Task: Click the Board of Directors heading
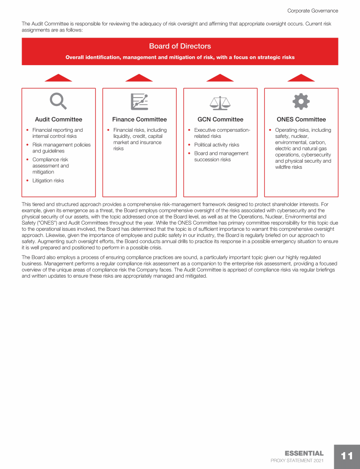tap(180, 46)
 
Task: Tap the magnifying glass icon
tap(59, 101)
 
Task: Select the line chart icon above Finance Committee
tap(139, 101)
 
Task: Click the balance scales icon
tap(220, 102)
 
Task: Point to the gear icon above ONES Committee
tap(301, 101)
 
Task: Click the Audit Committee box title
tap(59, 120)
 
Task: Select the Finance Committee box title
tap(139, 120)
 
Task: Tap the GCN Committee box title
tap(220, 120)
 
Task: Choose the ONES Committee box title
tap(301, 120)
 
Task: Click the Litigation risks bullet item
tap(48, 181)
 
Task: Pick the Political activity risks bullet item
tap(216, 145)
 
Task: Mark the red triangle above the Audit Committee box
tap(58, 78)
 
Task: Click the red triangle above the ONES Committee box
tap(301, 78)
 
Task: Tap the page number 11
tap(347, 456)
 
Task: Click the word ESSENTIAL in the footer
tap(304, 453)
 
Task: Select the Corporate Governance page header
tap(312, 11)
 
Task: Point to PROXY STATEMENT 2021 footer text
tap(297, 461)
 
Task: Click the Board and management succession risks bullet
tap(221, 157)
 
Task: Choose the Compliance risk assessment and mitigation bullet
tap(50, 166)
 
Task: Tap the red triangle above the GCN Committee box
tap(220, 78)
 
